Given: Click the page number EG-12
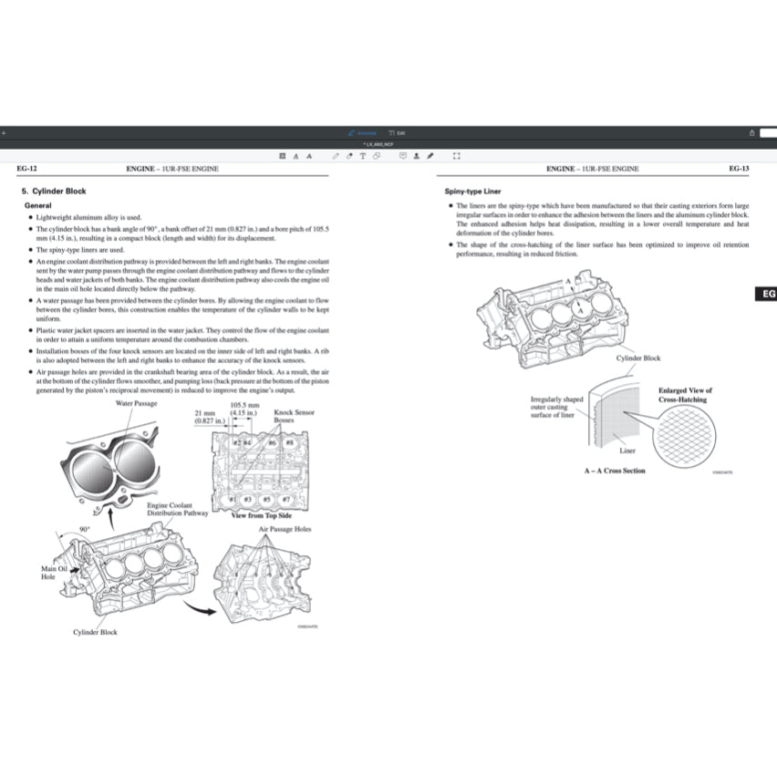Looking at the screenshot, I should click(26, 169).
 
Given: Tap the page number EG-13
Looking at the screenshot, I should click(739, 169).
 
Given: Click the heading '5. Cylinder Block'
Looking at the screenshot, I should click(54, 192).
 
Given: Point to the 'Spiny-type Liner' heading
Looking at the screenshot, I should click(472, 192).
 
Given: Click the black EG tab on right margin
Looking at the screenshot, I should click(766, 295).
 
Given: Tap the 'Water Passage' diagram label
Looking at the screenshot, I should click(137, 403).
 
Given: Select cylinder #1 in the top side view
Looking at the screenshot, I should click(233, 499).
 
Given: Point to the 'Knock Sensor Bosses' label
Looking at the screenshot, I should click(294, 417).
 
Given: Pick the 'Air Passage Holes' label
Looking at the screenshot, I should click(285, 529).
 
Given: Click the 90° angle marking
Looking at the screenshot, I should click(84, 528).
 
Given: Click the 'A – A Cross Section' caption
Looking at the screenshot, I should click(615, 471).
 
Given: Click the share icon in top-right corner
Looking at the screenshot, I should click(751, 132).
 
